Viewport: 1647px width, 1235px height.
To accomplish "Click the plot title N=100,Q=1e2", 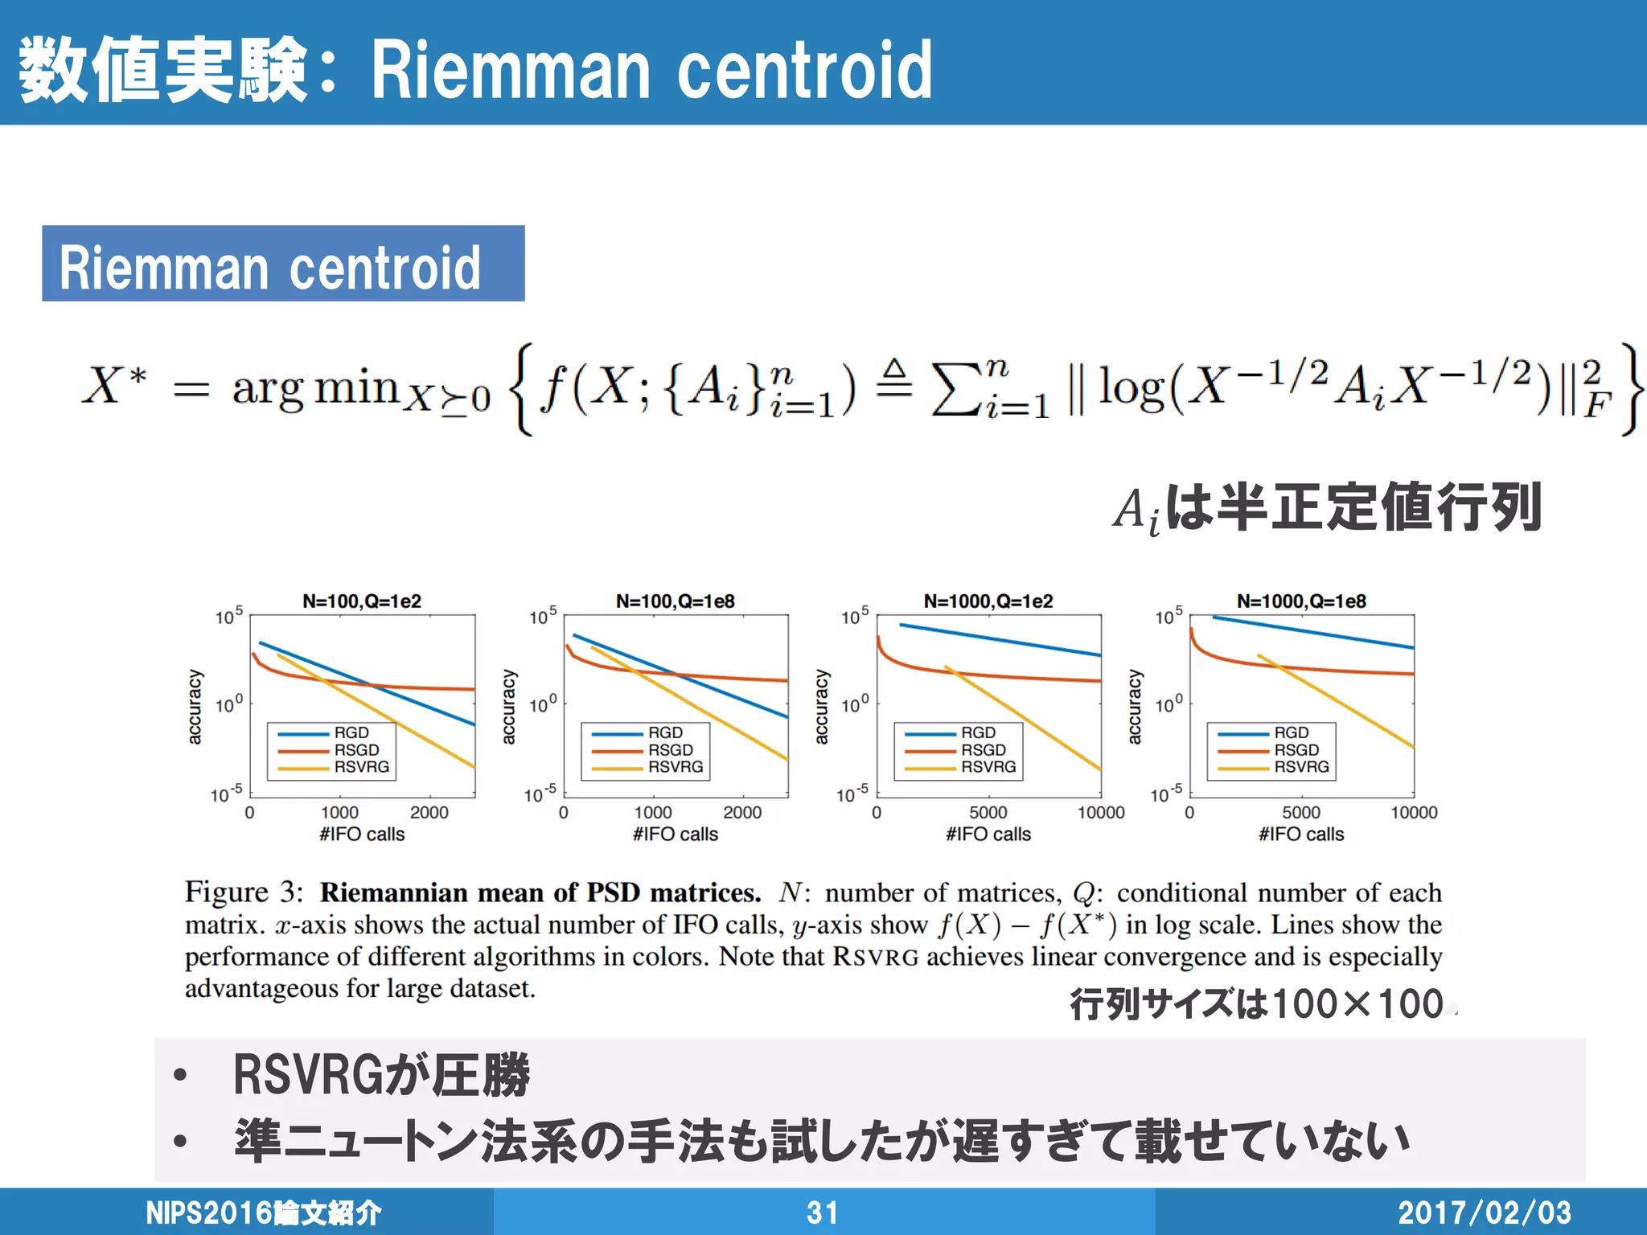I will point(362,601).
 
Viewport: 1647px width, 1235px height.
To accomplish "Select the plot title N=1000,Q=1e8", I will point(1301,601).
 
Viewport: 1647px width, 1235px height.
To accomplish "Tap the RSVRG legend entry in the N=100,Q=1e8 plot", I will point(676,767).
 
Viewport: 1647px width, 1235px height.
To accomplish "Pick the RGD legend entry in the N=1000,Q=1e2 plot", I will point(978,732).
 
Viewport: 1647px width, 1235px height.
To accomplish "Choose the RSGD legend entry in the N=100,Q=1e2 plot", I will point(356,749).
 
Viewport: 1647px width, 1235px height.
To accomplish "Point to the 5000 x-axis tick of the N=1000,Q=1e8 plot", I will point(1301,812).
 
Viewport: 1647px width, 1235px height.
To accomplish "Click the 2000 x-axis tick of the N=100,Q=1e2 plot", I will point(429,812).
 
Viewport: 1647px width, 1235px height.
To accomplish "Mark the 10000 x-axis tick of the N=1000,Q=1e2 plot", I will point(1101,812).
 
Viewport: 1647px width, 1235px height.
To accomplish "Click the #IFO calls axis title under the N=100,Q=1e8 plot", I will point(676,834).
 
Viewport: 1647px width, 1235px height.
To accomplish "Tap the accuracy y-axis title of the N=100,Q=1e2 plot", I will point(195,707).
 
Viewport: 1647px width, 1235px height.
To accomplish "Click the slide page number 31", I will point(823,1212).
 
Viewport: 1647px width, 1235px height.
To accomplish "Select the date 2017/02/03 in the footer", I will point(1485,1212).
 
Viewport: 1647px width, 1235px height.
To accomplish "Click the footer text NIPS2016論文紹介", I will point(264,1212).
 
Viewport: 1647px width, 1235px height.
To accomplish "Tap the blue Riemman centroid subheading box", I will point(283,264).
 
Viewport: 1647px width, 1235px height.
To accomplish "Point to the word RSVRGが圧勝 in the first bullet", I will point(381,1075).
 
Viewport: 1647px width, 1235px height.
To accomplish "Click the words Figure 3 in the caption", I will point(244,892).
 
